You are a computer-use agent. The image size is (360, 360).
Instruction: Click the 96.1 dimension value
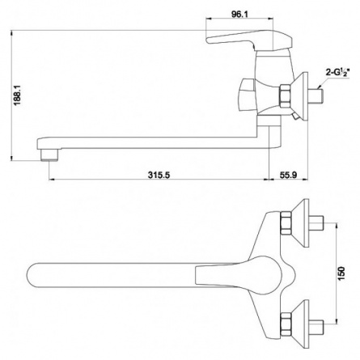click(x=239, y=15)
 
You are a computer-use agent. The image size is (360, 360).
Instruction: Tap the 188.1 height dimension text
click(x=18, y=95)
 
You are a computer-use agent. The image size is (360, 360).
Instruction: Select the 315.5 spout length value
click(x=159, y=175)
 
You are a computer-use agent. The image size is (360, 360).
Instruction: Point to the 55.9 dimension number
click(x=288, y=175)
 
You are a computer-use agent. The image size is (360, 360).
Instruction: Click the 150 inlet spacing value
click(x=341, y=273)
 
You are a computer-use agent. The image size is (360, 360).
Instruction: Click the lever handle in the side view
click(x=249, y=40)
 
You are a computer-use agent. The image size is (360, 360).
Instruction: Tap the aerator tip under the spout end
click(x=49, y=155)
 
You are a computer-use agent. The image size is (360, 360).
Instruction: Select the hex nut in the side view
click(x=285, y=95)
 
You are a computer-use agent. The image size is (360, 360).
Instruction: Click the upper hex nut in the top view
click(x=286, y=222)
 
